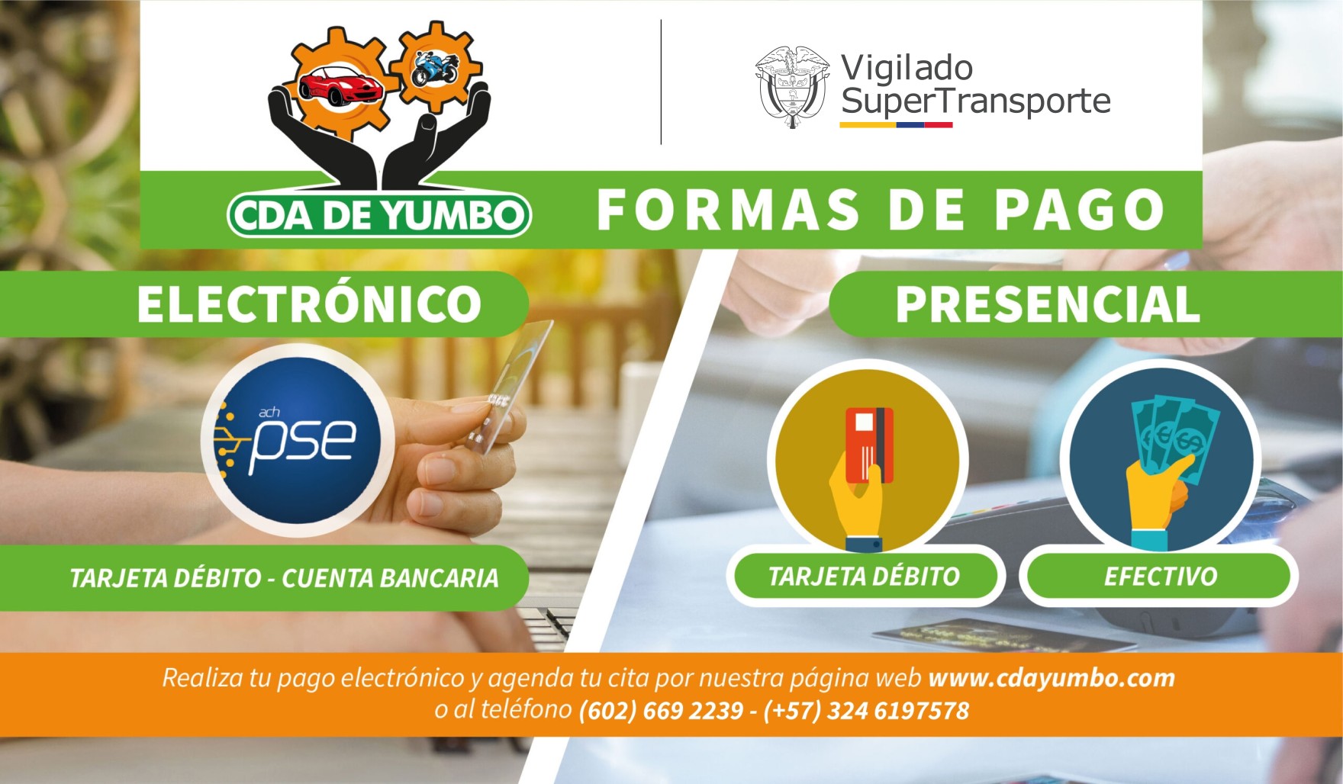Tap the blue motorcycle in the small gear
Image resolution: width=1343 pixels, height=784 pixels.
[435, 69]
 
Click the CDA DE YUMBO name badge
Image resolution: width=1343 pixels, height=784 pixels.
[378, 215]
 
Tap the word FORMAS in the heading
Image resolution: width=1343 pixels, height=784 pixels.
[728, 210]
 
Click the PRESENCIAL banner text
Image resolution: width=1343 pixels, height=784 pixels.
[1048, 304]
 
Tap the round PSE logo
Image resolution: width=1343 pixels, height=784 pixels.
[298, 439]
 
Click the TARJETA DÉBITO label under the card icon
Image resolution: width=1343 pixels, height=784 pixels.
[864, 576]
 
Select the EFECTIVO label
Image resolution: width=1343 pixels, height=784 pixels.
[1160, 576]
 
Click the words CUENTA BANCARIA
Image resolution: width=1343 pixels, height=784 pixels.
[390, 578]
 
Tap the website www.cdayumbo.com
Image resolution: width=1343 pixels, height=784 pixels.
[1052, 678]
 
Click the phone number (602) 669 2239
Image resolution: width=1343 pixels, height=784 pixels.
[661, 711]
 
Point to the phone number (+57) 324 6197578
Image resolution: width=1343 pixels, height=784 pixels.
[866, 711]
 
